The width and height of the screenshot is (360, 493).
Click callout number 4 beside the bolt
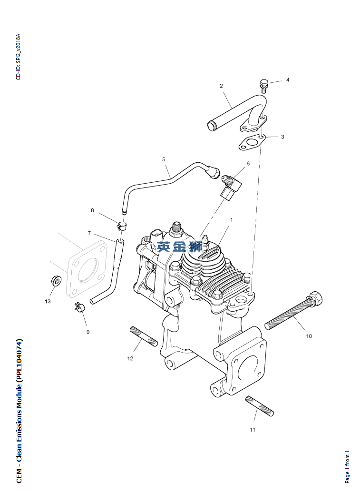(x=287, y=80)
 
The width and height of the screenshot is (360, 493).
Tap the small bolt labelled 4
(x=264, y=86)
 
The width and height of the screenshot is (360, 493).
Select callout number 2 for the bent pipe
(x=221, y=86)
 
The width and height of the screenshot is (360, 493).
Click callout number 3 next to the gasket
(x=282, y=137)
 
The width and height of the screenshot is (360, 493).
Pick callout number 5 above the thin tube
(x=164, y=159)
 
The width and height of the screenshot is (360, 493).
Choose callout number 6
(x=248, y=164)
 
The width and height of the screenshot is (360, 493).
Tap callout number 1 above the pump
(x=232, y=220)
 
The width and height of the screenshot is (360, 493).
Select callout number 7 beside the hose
(x=89, y=233)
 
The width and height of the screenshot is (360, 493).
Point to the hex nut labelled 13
(x=56, y=280)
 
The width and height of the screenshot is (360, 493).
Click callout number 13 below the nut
(x=48, y=301)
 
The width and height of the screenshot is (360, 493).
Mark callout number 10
(x=309, y=336)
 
